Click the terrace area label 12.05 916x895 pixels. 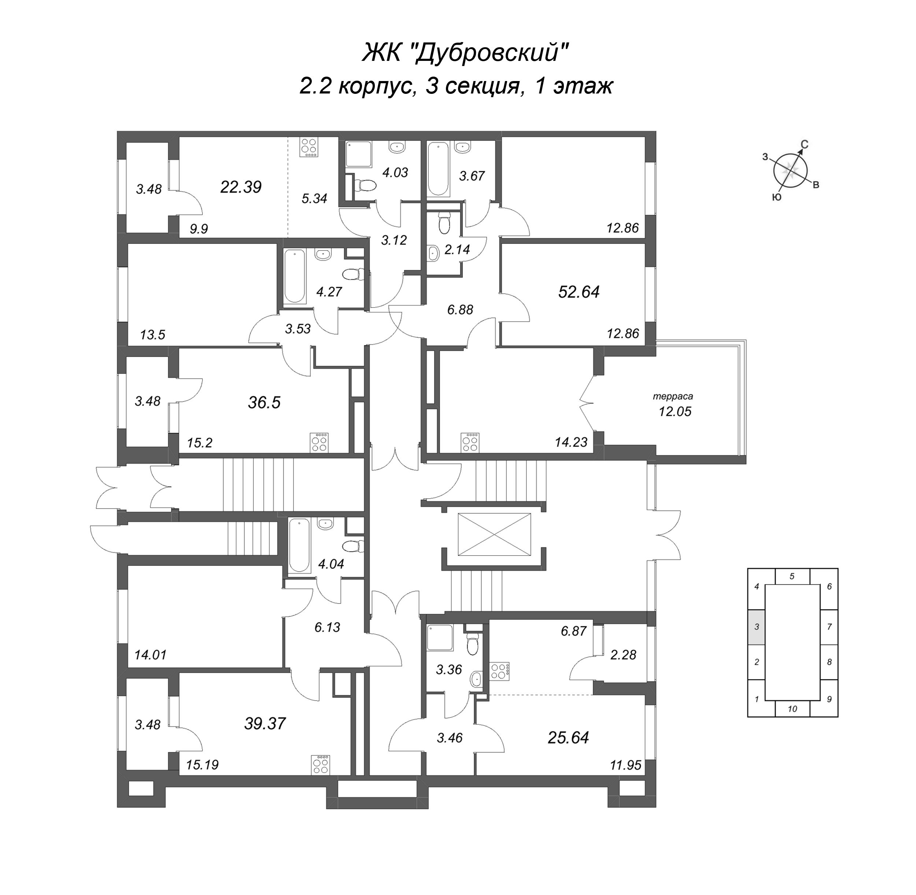tap(675, 412)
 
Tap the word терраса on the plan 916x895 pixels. tap(673, 396)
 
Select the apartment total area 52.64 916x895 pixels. tap(579, 292)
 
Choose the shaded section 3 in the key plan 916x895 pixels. tap(756, 627)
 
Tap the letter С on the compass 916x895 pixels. tap(805, 145)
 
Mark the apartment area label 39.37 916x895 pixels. tap(265, 723)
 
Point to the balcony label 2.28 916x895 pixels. tap(623, 655)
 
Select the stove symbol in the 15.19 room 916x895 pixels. tap(321, 764)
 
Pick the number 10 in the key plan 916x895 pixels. tap(792, 709)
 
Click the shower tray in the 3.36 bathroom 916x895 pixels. tap(440, 637)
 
